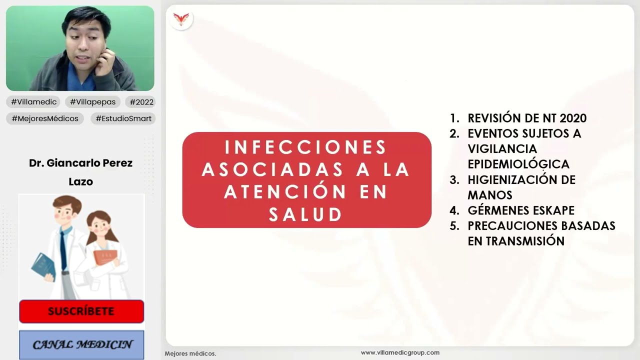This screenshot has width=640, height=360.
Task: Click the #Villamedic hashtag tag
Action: (x=34, y=102)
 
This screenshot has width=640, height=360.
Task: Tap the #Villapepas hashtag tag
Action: (x=92, y=102)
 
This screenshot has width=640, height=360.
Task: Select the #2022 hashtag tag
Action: (x=140, y=102)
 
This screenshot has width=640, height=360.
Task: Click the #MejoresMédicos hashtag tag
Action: (x=44, y=118)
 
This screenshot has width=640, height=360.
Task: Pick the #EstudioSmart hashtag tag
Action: (x=123, y=118)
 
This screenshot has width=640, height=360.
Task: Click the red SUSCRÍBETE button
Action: (x=81, y=311)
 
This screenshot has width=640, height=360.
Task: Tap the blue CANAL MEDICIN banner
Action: (x=81, y=344)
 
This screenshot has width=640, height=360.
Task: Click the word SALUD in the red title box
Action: (x=306, y=214)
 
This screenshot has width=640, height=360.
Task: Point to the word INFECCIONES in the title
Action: (x=306, y=147)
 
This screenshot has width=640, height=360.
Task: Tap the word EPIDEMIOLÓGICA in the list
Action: (x=518, y=164)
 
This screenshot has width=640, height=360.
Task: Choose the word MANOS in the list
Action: (x=490, y=195)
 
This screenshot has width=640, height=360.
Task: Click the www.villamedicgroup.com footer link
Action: (x=400, y=352)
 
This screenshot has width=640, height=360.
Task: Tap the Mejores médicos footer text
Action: (x=190, y=353)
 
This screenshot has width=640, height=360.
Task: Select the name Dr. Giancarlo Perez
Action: (x=81, y=163)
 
